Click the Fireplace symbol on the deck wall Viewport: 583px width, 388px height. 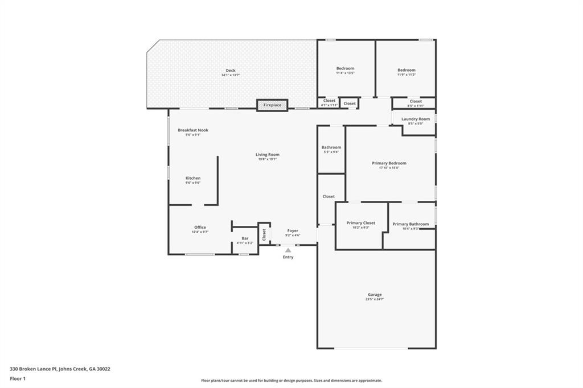[272, 105]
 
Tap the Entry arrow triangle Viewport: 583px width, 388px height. [288, 250]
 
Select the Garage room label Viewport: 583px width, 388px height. [375, 295]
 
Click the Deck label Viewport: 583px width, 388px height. [231, 71]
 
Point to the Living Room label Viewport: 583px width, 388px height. [267, 155]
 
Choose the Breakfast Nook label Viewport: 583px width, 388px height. [193, 130]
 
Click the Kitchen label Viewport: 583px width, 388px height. [192, 178]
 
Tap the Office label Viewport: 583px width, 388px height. [200, 228]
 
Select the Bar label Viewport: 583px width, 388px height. [245, 238]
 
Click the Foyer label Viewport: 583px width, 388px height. [293, 231]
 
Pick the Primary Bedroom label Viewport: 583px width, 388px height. [389, 163]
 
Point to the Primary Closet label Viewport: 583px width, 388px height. [361, 223]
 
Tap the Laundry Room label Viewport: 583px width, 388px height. [416, 119]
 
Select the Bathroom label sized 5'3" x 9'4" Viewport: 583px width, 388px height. [331, 147]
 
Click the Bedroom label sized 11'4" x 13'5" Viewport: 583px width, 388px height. [345, 69]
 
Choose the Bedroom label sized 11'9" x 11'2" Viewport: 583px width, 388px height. [407, 70]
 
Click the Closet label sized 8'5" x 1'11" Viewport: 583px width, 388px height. [416, 101]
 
